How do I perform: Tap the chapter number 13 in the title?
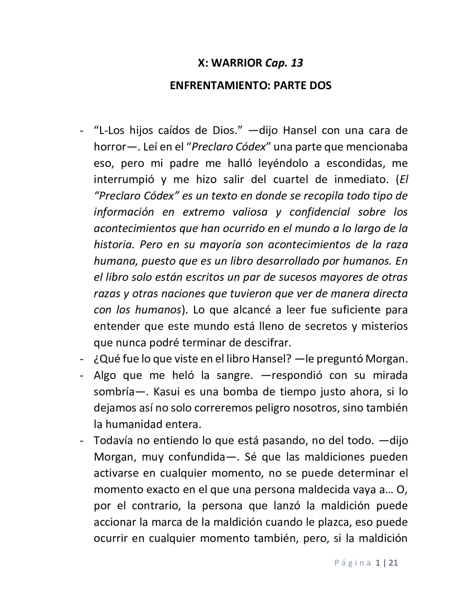coord(297,63)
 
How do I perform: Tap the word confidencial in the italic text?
coord(319,212)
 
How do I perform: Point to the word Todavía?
coord(113,441)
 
